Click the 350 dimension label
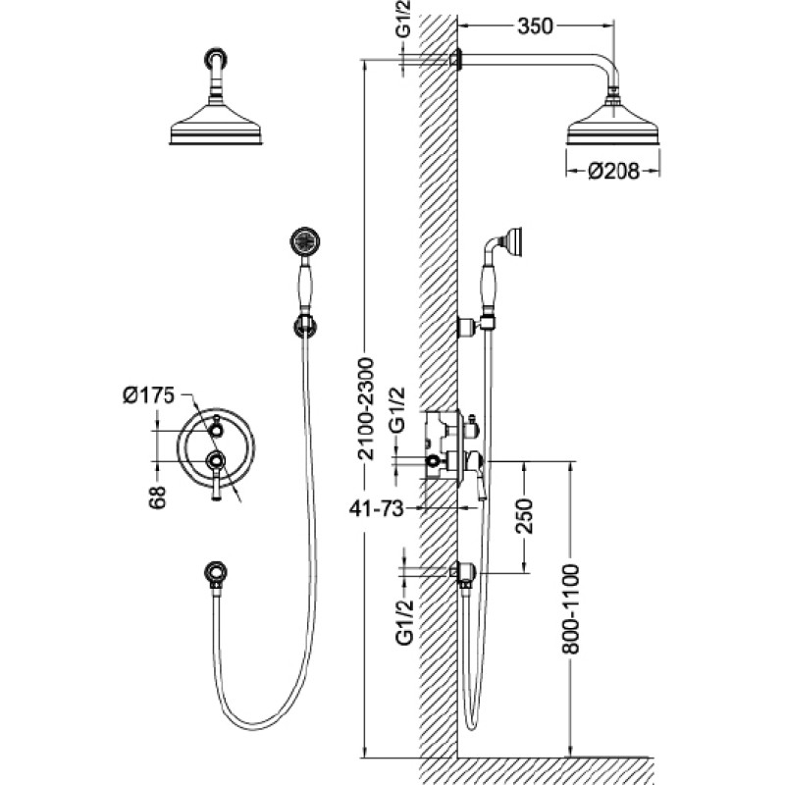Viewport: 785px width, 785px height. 535,26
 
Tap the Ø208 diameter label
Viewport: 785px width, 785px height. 614,171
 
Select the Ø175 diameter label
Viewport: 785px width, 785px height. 149,395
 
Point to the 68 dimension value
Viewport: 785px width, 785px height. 157,497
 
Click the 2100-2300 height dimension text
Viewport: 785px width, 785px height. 366,408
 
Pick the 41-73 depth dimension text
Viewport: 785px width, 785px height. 376,508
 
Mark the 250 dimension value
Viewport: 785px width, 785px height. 525,516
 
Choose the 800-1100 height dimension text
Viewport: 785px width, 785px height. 570,608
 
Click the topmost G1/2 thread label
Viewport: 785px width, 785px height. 403,19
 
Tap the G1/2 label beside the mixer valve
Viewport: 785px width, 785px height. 397,409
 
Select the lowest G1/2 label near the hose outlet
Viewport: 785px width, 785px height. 404,622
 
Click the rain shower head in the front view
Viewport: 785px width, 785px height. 216,125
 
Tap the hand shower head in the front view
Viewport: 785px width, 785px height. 304,242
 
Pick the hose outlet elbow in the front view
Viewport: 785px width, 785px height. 216,574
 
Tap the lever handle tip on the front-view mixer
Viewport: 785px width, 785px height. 216,497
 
